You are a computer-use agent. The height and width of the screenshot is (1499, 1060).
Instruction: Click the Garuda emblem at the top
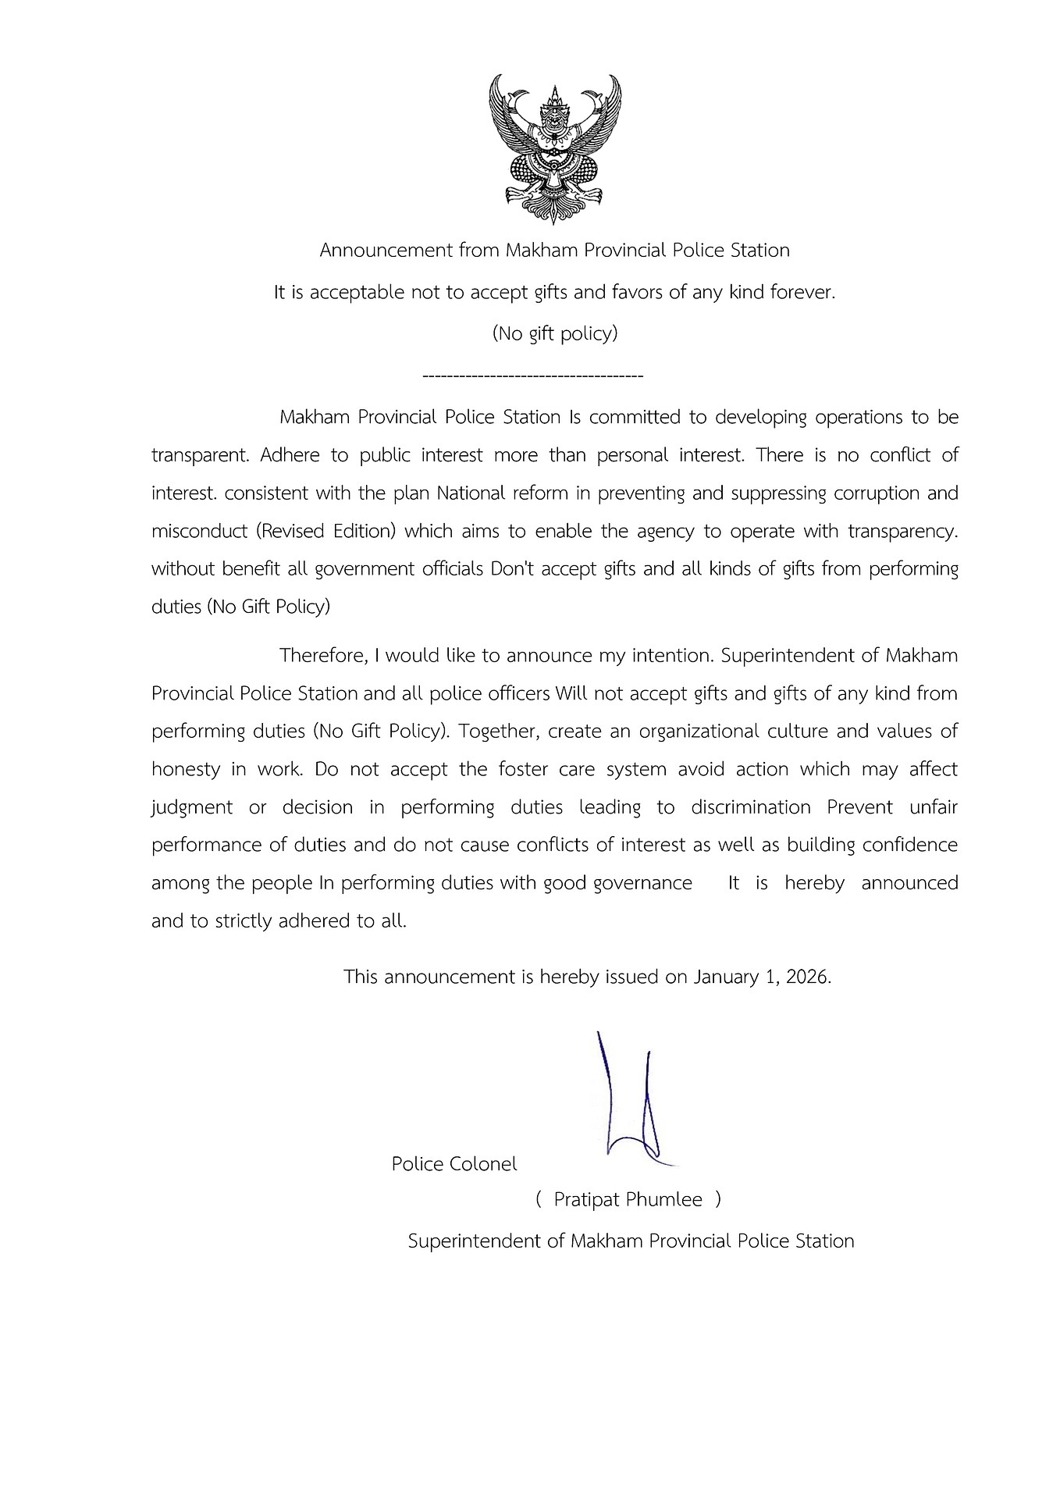coord(554,148)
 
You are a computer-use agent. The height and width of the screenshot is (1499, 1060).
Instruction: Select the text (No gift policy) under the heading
coord(554,333)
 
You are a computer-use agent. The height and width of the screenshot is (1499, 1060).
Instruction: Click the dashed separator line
coord(532,377)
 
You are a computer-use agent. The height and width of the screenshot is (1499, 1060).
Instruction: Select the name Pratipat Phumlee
coord(628,1200)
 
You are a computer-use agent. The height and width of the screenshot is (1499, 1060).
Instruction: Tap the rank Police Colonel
coord(454,1164)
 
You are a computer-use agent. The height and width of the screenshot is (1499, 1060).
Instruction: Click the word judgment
coord(192,807)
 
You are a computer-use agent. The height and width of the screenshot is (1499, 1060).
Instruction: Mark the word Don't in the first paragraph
coord(512,569)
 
